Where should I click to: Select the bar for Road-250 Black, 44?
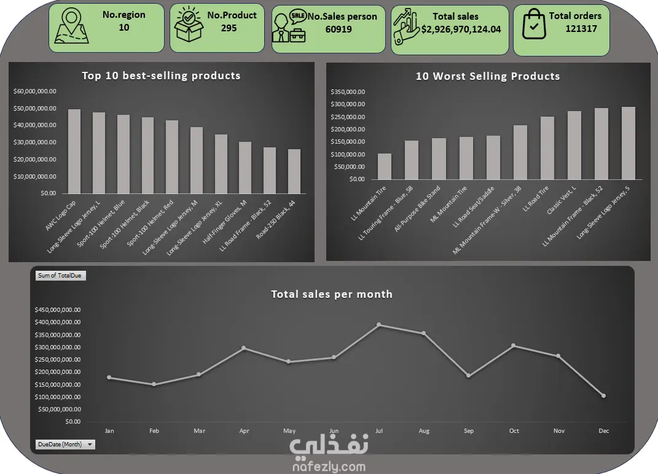[294, 171]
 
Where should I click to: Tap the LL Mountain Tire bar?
[385, 166]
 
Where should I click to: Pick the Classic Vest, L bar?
[574, 145]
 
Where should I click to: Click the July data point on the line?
[379, 324]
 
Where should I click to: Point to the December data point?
[603, 396]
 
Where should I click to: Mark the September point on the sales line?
[469, 376]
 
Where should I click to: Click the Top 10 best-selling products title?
[161, 76]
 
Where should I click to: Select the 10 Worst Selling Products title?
[488, 77]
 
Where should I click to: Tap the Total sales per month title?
[332, 294]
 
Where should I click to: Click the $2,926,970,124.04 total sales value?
[461, 29]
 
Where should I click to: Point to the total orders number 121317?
[581, 28]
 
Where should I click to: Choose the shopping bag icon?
[533, 25]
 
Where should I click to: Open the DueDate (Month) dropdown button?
[90, 445]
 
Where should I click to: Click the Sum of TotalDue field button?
[60, 276]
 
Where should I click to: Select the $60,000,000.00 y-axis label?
[35, 91]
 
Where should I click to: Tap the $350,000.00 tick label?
[348, 92]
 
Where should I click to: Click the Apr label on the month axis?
[244, 431]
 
